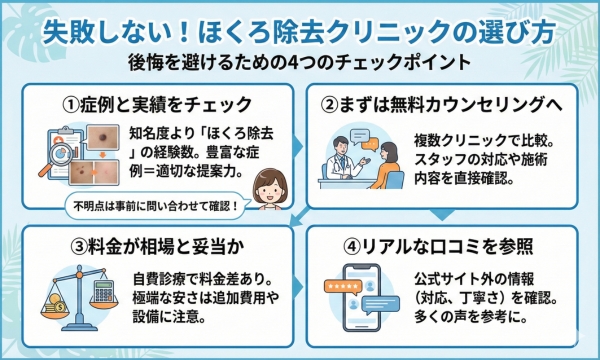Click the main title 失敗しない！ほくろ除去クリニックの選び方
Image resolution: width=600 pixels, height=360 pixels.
(300, 28)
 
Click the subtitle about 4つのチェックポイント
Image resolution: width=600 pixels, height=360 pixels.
(300, 61)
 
